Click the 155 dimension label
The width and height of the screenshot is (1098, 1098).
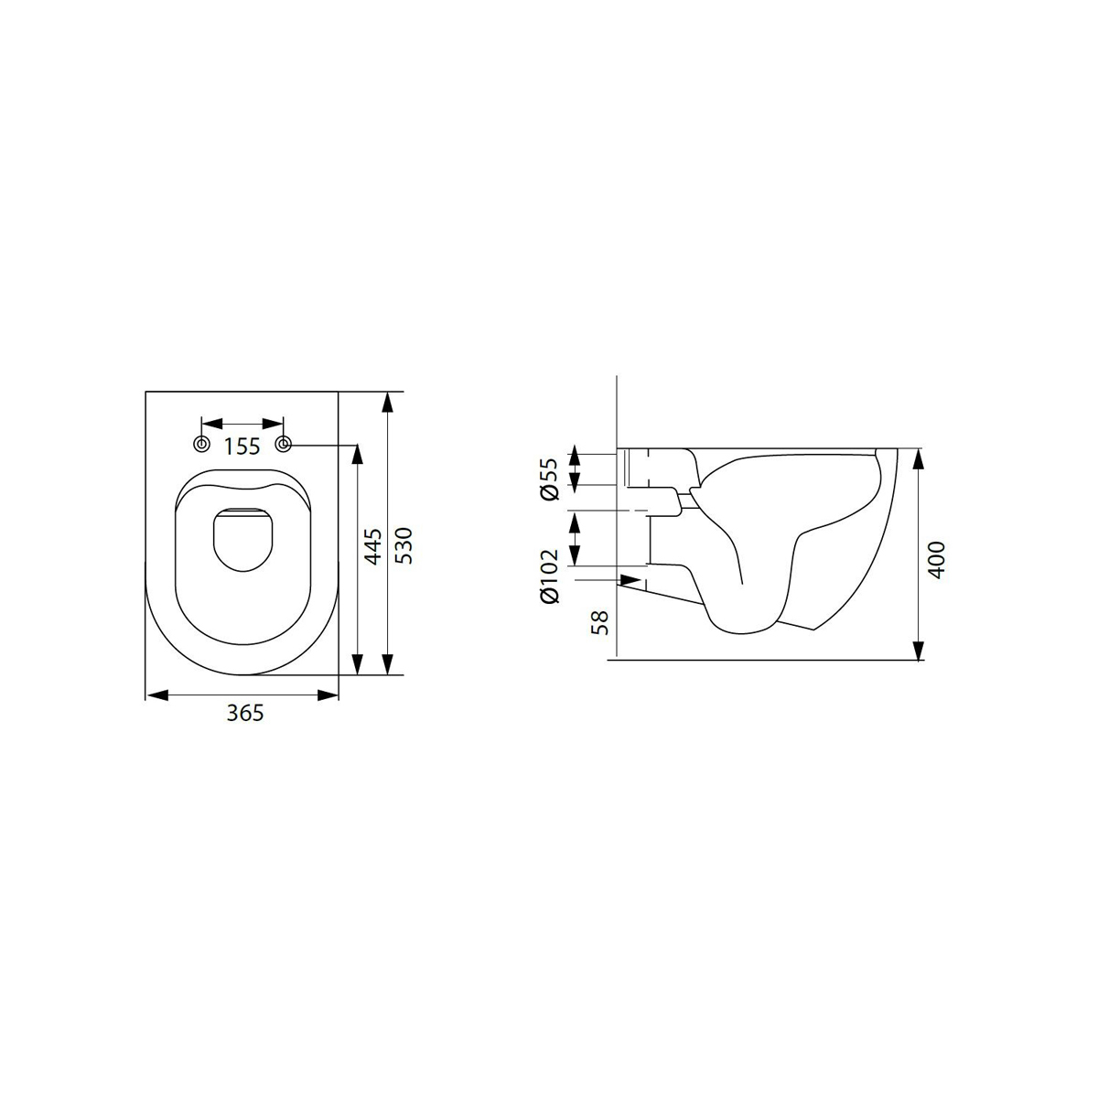pos(242,447)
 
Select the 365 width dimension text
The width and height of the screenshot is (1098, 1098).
pos(245,713)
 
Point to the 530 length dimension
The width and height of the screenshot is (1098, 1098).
pos(404,546)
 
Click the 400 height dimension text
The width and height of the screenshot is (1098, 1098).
pos(937,560)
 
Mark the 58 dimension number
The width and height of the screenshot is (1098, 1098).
pos(600,622)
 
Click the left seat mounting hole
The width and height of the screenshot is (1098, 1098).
pos(201,444)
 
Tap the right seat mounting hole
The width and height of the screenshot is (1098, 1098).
pos(284,444)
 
